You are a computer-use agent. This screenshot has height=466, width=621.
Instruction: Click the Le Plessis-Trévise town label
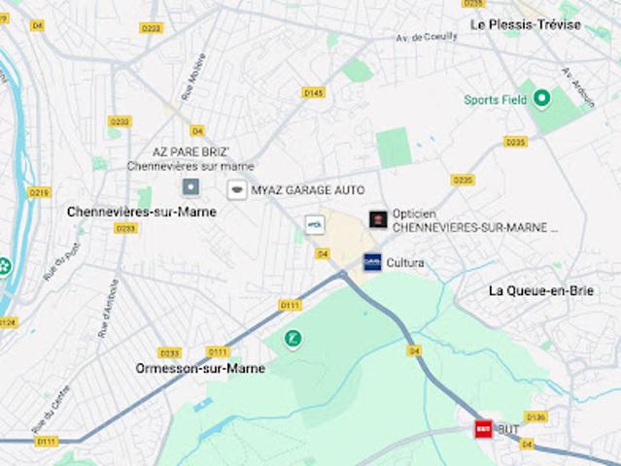point(525,24)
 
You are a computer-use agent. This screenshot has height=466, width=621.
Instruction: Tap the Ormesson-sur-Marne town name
point(199,369)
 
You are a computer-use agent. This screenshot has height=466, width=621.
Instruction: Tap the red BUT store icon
point(483,428)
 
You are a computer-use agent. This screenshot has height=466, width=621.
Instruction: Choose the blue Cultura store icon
point(373,262)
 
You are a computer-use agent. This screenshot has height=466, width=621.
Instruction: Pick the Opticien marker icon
point(378,219)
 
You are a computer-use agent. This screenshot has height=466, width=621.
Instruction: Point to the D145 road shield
point(313,93)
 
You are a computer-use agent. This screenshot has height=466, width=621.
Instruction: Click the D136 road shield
point(535,416)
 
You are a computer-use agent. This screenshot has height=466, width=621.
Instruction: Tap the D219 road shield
point(39,192)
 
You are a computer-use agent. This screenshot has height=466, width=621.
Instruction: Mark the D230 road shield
point(120,121)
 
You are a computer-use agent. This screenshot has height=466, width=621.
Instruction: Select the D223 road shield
point(151,28)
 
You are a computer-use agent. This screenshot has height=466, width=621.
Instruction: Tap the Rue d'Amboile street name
point(107,309)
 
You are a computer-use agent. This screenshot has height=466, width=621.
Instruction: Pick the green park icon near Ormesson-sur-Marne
point(292,338)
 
